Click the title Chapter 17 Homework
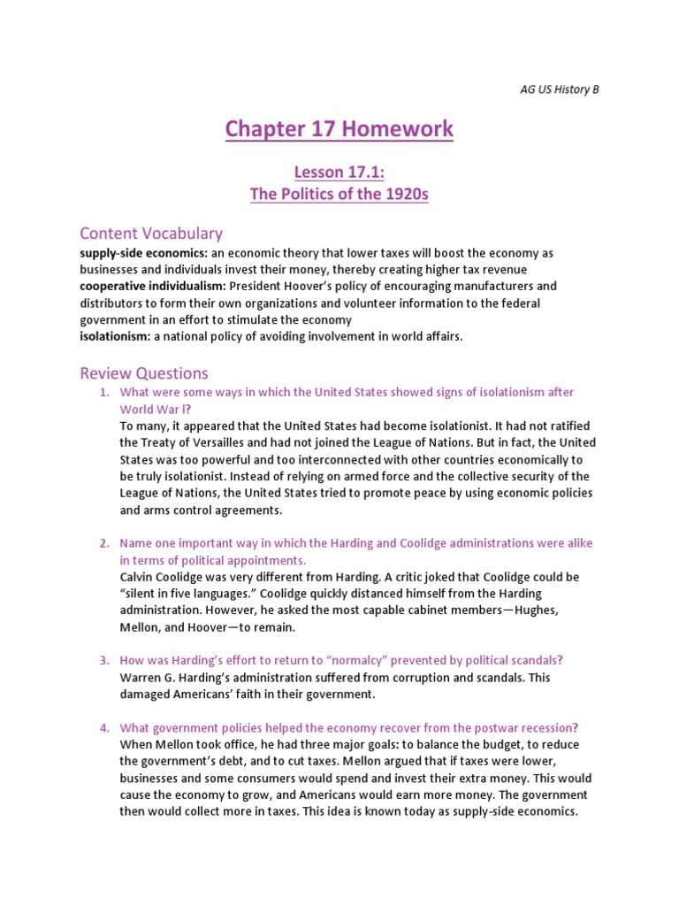click(339, 129)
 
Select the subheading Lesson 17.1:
click(339, 173)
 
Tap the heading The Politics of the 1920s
click(339, 195)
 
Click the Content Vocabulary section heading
click(151, 234)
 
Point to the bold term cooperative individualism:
click(153, 286)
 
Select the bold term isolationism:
click(116, 336)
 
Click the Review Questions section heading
click(144, 373)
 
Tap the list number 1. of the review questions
click(103, 392)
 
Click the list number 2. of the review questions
click(103, 542)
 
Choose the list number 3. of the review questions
click(103, 660)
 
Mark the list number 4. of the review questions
click(103, 727)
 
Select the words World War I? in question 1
click(156, 410)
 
